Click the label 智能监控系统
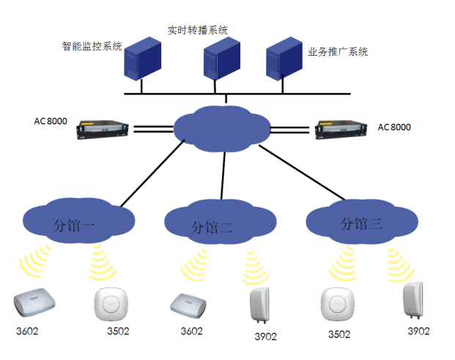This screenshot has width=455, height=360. [92, 46]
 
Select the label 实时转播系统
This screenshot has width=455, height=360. [199, 30]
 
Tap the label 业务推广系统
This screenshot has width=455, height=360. [338, 52]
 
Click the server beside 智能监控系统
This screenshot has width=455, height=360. [142, 59]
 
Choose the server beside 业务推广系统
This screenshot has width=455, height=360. [284, 59]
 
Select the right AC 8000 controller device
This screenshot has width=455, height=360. [342, 130]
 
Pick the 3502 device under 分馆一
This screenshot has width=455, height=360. [113, 304]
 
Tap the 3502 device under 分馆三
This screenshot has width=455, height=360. [339, 304]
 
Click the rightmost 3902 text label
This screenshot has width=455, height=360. [418, 331]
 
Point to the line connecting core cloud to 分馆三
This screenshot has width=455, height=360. [300, 174]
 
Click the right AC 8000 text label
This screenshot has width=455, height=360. [394, 127]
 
